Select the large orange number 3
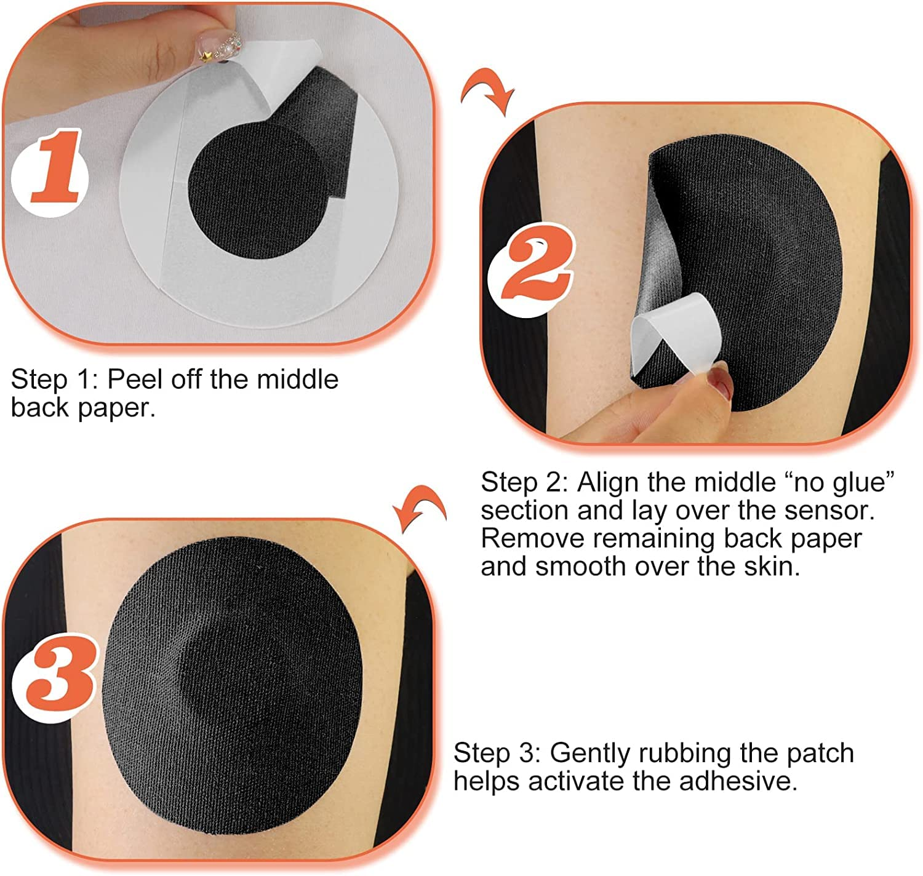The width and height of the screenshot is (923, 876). coord(60,676)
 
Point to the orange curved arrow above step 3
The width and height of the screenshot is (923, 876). coord(420,508)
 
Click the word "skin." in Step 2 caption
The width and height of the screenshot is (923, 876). coord(772,567)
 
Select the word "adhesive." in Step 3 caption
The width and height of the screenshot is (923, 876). coord(738,781)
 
